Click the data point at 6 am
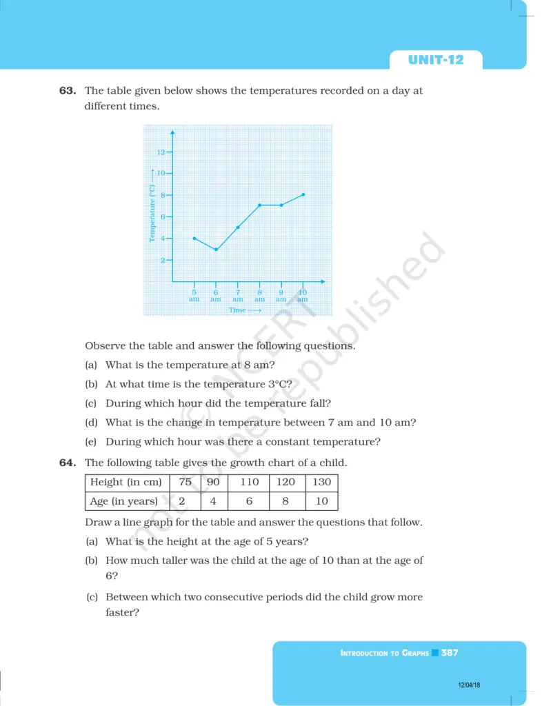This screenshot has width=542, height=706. (216, 249)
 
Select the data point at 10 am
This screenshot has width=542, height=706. (303, 194)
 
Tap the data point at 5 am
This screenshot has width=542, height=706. (194, 238)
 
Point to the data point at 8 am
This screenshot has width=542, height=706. (259, 205)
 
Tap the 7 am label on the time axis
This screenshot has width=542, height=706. (237, 296)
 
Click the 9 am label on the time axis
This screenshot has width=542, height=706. (281, 296)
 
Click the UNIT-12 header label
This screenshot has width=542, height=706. (436, 60)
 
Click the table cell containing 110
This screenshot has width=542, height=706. (250, 482)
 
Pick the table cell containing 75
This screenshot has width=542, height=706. (185, 482)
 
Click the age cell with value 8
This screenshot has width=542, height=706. (285, 501)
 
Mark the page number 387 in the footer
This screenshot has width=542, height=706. (450, 652)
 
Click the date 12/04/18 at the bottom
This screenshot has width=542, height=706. (468, 685)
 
